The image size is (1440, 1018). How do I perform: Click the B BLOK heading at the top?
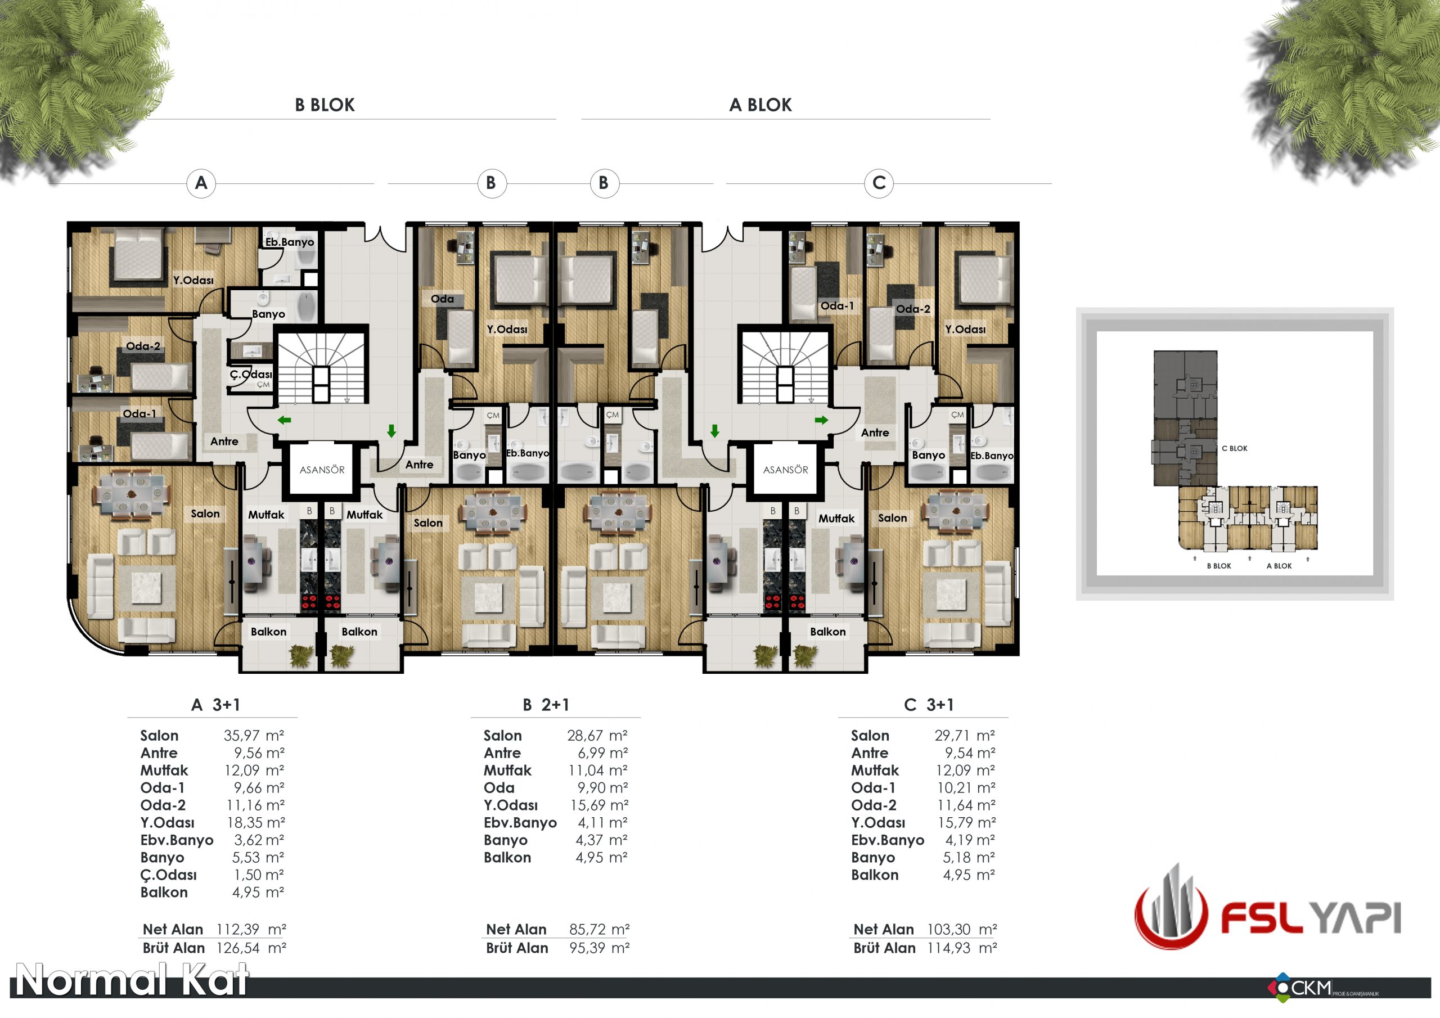[x=325, y=105]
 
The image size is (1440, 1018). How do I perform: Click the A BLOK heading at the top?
[x=760, y=105]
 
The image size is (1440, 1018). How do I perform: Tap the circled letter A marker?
[x=201, y=183]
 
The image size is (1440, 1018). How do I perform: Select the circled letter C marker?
[x=879, y=183]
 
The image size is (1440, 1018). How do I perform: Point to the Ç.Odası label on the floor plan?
[x=251, y=375]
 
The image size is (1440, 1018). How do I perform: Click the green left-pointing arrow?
[x=284, y=420]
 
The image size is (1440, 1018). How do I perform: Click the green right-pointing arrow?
[x=822, y=420]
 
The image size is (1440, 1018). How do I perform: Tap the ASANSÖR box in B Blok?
[x=322, y=470]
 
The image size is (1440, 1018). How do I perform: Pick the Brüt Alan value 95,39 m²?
[x=600, y=948]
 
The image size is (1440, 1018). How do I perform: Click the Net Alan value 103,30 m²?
[x=962, y=929]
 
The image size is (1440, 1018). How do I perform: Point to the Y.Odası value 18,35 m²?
[x=256, y=822]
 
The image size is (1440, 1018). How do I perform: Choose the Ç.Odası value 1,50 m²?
[x=259, y=875]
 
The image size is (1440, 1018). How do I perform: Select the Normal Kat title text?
[x=132, y=980]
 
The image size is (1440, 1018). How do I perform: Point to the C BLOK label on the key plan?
[x=1234, y=448]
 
